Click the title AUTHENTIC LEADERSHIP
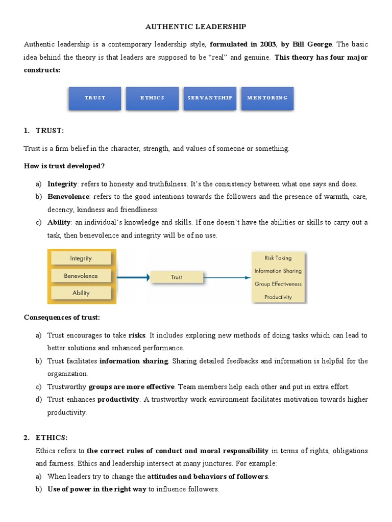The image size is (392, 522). coord(196,26)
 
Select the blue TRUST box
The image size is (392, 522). coord(95,98)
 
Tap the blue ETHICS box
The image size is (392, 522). coord(152,98)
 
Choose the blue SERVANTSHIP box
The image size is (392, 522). coord(210,98)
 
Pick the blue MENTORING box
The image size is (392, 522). coord(267,98)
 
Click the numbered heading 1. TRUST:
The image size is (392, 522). coord(44,131)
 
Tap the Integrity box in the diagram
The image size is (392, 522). coord(81,258)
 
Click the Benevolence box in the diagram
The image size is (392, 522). coord(81,276)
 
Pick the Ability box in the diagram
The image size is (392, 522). coord(81,293)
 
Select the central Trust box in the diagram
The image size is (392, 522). coord(177,277)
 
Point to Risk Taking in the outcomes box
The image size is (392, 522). coord(278,258)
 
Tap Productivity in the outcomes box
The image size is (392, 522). coord(278,297)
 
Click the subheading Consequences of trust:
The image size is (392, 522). coord(62,318)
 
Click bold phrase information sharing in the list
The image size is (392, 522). coord(134,361)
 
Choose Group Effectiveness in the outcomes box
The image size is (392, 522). coord(278,284)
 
